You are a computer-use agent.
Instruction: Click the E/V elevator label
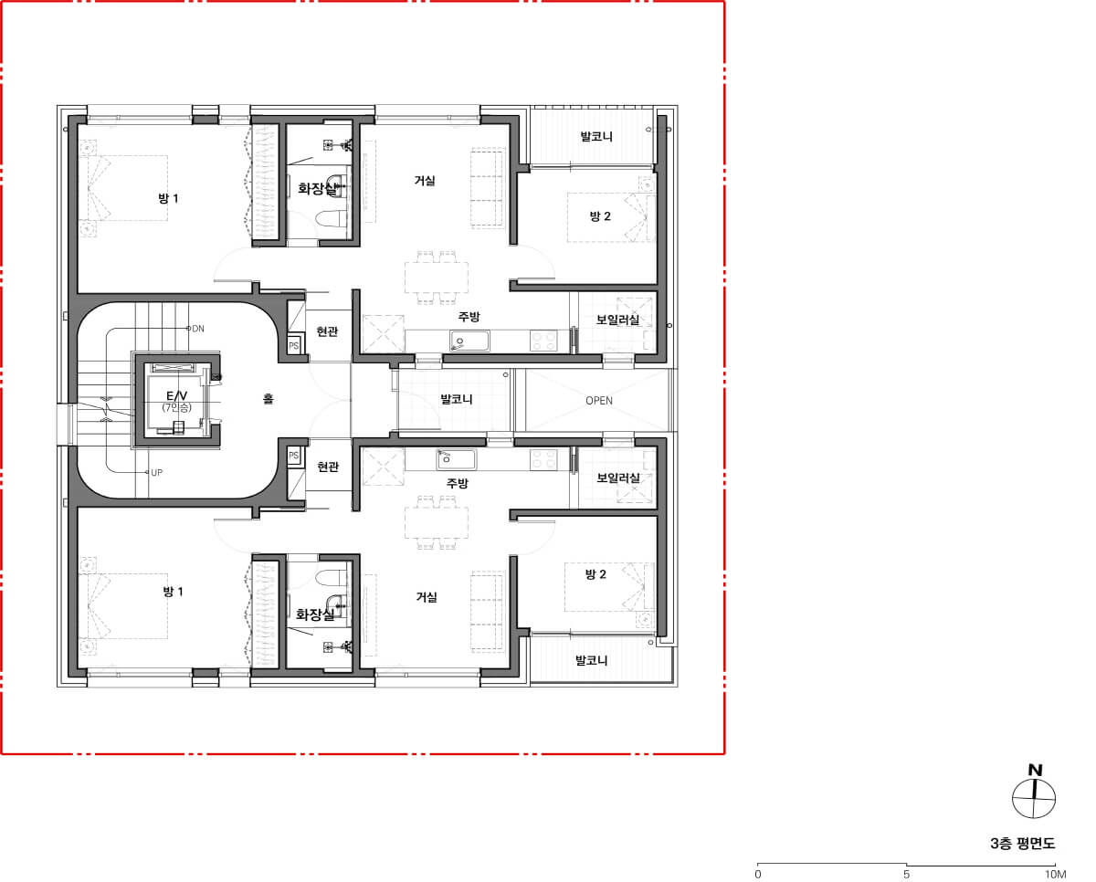[176, 395]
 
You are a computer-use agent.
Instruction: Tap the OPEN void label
[599, 401]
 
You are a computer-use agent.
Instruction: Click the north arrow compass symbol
[1034, 798]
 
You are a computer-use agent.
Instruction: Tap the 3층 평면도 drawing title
[1023, 844]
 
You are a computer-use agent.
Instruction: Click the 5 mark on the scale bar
[906, 875]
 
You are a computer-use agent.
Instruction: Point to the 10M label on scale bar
[1055, 875]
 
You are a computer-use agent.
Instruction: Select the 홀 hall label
[269, 398]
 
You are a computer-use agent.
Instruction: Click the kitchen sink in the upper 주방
[469, 341]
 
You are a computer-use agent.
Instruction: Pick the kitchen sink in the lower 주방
[457, 459]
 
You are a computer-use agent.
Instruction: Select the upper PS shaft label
[294, 346]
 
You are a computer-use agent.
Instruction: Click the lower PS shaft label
[294, 456]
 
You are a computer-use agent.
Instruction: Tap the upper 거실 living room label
[424, 180]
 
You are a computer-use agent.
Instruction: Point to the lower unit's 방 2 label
[595, 574]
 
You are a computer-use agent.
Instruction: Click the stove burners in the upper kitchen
[543, 341]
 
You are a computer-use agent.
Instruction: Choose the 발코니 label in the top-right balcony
[596, 136]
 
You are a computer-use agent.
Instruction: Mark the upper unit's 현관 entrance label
[327, 331]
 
